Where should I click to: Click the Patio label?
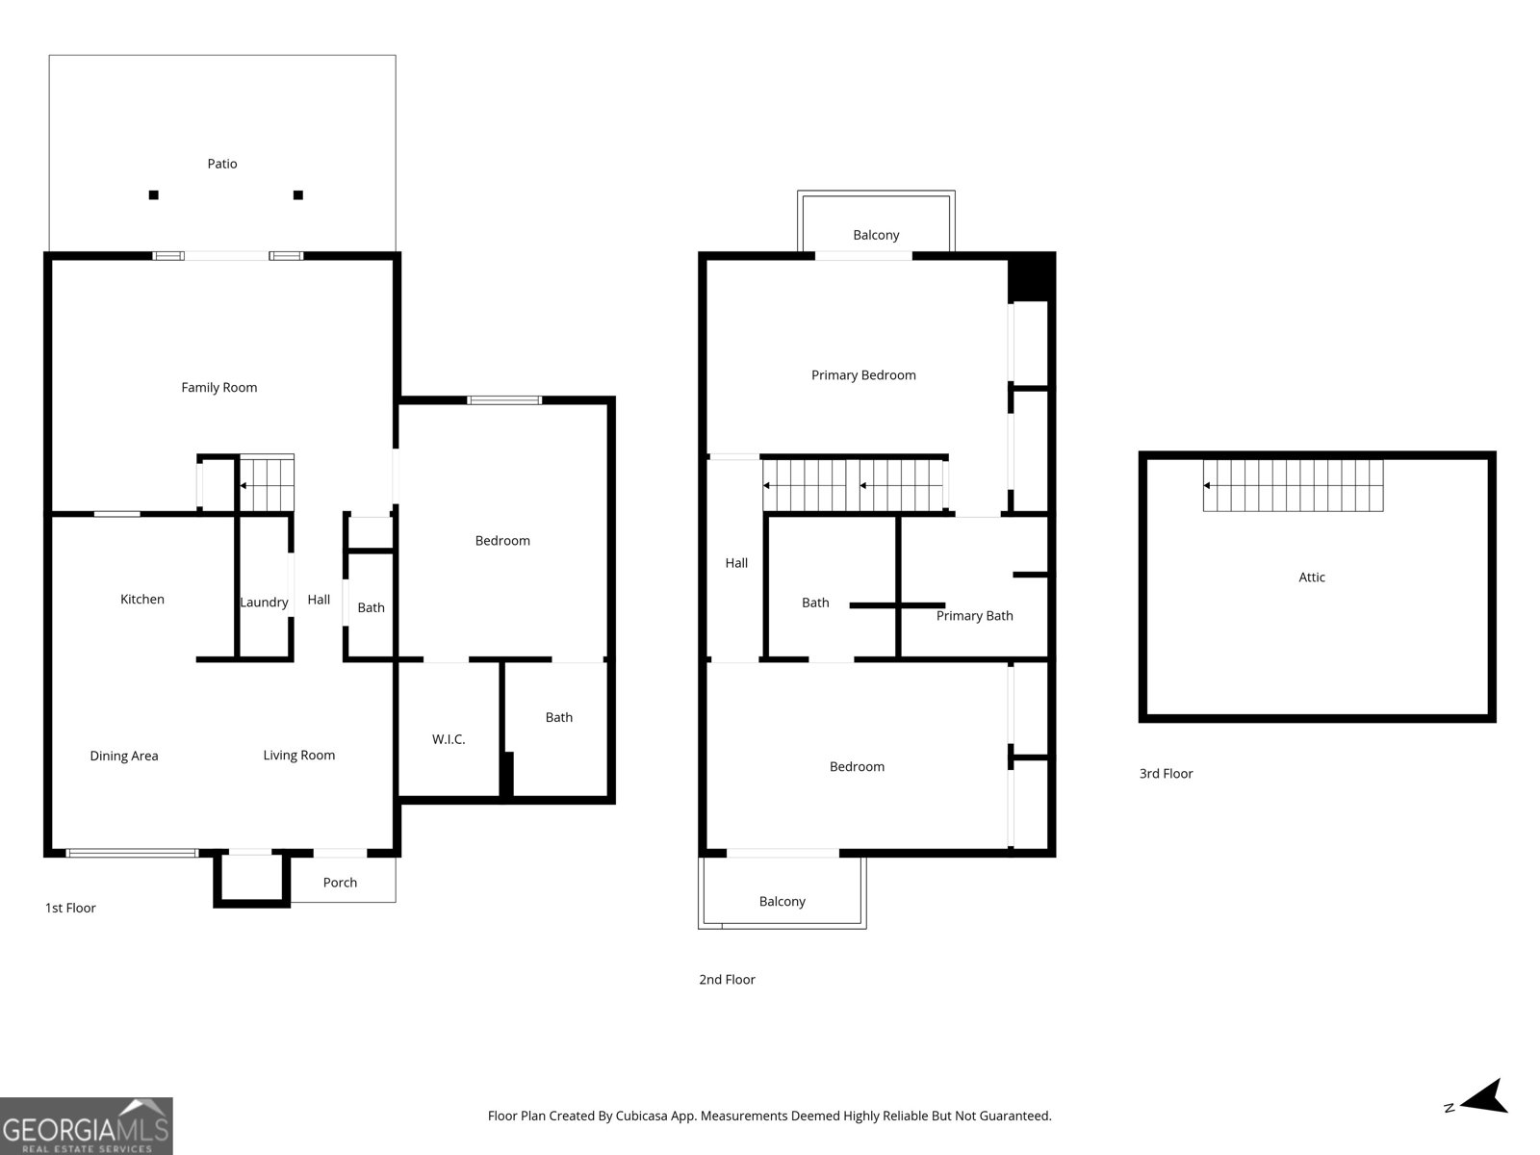pos(222,164)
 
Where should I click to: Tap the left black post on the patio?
pos(153,195)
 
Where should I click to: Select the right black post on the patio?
pos(298,195)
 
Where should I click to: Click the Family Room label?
pos(219,388)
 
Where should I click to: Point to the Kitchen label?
pos(142,600)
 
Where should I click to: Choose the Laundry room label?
pos(264,603)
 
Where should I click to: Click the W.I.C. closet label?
pos(449,739)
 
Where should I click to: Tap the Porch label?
pos(340,883)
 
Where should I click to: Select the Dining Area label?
pos(124,757)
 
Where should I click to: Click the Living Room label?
pos(299,756)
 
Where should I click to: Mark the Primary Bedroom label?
pos(863,375)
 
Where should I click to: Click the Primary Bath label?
pos(975,616)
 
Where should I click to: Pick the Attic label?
pos(1312,577)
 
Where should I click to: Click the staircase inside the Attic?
pos(1293,485)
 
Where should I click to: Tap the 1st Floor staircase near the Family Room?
pos(267,484)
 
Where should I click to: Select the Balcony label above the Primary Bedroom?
pos(876,235)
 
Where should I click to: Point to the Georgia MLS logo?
pos(86,1126)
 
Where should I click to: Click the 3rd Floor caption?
pos(1166,774)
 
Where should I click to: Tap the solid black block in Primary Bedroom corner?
pos(1031,276)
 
